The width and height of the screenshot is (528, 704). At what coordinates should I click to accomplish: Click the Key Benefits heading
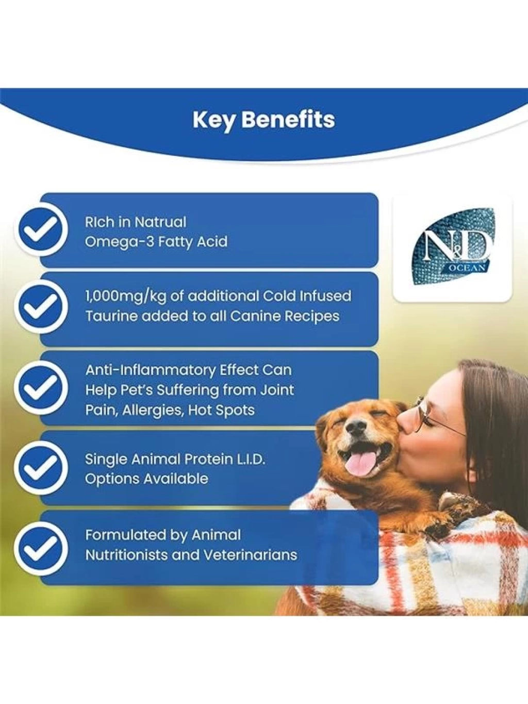coord(264,120)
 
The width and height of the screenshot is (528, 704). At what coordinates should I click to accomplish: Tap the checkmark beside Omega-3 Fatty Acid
coord(41,230)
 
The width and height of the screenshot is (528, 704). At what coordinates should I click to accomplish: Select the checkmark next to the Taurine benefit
coord(41,307)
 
